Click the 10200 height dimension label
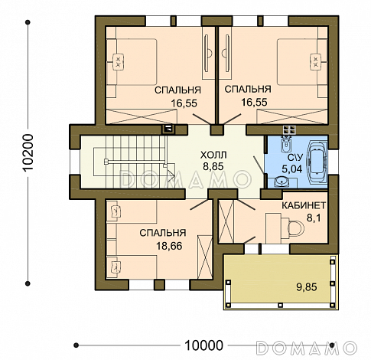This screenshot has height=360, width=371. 28,152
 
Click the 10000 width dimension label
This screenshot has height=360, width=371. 203,345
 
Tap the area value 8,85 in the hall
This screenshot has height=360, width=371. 213,166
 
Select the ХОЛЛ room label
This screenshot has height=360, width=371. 213,155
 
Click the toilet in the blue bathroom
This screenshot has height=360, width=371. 286,144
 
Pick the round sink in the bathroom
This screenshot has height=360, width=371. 282,182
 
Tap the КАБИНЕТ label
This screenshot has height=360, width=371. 304,205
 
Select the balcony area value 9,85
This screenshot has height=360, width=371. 307,287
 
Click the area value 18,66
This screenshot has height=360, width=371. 169,246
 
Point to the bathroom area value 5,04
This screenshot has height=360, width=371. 292,169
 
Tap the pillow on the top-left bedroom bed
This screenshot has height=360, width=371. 118,61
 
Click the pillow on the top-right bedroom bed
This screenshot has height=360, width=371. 316,61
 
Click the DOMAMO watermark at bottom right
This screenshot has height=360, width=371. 306,348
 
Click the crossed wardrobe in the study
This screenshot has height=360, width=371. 226,221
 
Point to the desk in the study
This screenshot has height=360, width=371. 273,228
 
